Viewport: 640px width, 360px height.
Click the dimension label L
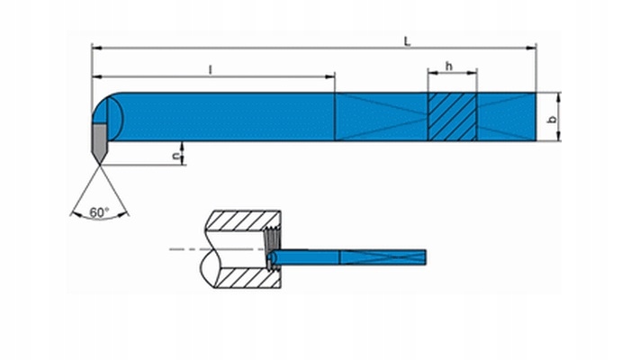pos(407,41)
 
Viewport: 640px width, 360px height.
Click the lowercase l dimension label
pos(211,70)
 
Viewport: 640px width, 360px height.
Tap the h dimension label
pos(449,66)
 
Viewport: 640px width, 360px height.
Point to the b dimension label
pos(553,120)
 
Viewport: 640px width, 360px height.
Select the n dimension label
pos(176,156)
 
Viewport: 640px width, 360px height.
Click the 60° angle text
pos(99,212)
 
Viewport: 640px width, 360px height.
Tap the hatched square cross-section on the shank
pos(452,117)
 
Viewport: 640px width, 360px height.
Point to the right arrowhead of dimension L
pos(531,48)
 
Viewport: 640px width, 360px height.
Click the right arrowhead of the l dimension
pos(329,76)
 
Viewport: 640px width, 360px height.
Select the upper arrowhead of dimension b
pos(559,97)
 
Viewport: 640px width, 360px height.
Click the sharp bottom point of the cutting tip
pos(99,165)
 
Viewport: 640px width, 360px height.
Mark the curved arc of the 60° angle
pos(100,216)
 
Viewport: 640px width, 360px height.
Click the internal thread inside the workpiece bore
pos(271,249)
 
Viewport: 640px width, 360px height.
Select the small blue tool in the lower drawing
pos(347,257)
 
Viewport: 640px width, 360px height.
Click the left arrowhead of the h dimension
pos(433,73)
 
